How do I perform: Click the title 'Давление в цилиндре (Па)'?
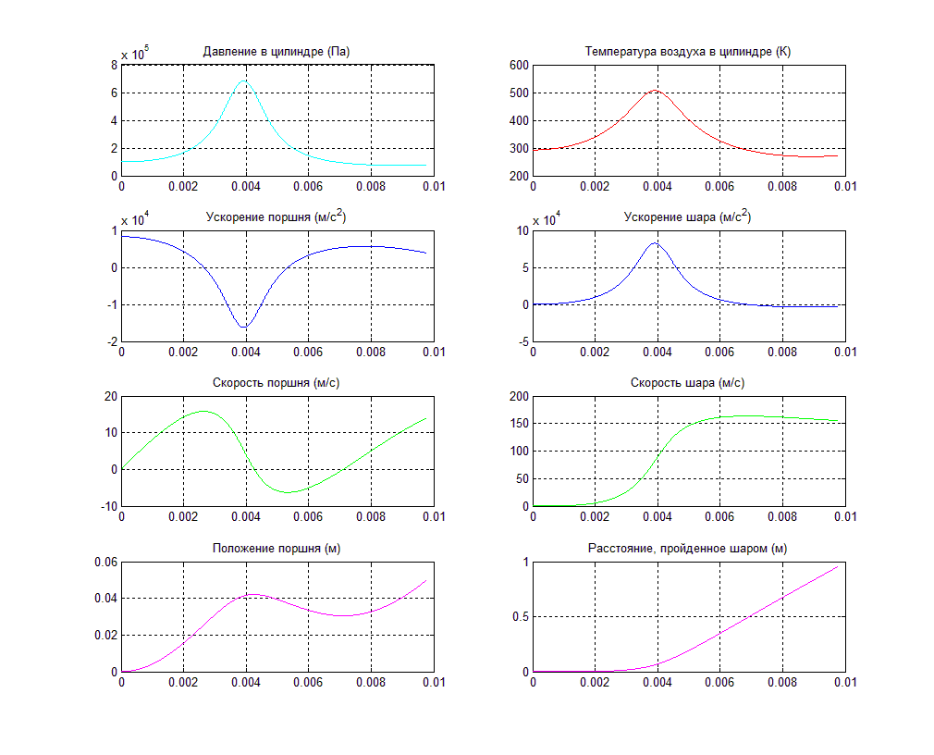[x=277, y=51]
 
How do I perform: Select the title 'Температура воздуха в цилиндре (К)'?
[x=688, y=51]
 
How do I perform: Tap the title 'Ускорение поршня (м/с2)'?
[x=277, y=217]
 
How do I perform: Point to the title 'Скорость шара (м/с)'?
[x=688, y=383]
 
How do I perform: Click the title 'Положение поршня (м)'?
[x=277, y=549]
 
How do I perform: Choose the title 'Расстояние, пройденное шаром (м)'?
[x=688, y=549]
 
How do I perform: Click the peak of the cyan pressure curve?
[x=244, y=80]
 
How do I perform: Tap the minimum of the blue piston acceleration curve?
[x=244, y=328]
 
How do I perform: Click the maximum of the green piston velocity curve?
[x=203, y=411]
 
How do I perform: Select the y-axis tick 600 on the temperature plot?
[x=517, y=66]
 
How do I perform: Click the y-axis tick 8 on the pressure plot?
[x=113, y=66]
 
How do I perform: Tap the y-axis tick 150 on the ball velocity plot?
[x=517, y=424]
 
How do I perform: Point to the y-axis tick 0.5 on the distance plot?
[x=520, y=617]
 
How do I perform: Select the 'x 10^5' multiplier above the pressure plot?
[x=135, y=53]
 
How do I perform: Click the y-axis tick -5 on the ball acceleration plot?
[x=522, y=341]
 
